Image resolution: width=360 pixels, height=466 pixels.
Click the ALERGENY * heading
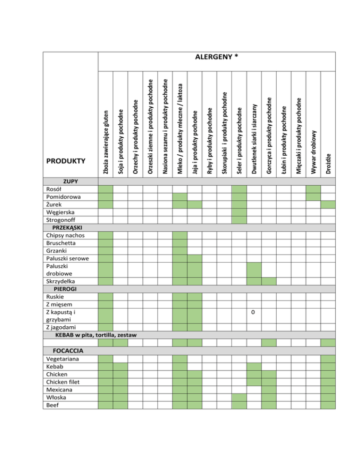[x=217, y=57]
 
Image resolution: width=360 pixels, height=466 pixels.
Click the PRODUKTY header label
[x=66, y=161]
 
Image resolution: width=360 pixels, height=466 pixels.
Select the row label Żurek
[x=50, y=204]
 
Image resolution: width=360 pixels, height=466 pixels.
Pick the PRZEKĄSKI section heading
[x=65, y=227]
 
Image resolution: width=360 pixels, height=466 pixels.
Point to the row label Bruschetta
[x=58, y=243]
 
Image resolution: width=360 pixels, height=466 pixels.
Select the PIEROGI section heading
[x=62, y=289]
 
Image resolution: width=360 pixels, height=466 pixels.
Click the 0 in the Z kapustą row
[x=254, y=312]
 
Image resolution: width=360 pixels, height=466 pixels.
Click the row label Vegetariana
[x=59, y=359]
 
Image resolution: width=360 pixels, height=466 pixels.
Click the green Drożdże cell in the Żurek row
[x=328, y=204]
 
